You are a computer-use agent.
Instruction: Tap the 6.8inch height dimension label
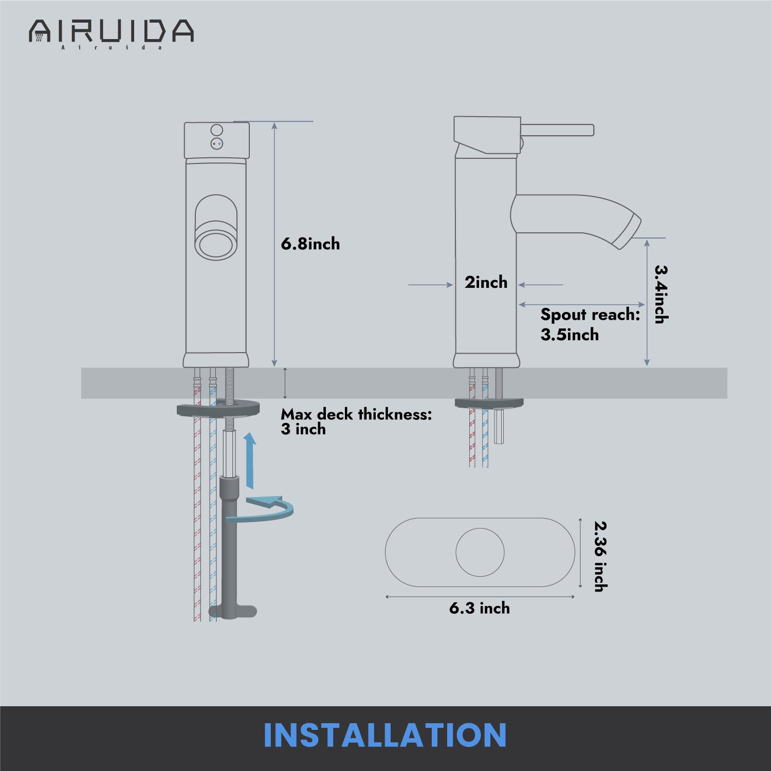click(x=310, y=244)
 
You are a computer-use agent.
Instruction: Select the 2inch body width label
click(x=486, y=282)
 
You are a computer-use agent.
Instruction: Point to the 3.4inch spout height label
click(x=660, y=294)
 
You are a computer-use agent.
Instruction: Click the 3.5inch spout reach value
click(x=570, y=335)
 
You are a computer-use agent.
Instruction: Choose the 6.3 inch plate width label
click(x=480, y=608)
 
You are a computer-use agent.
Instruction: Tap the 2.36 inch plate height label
click(x=600, y=557)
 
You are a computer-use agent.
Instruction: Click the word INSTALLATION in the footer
click(x=385, y=736)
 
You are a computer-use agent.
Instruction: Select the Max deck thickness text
click(x=356, y=414)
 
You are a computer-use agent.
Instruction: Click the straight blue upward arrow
click(x=250, y=460)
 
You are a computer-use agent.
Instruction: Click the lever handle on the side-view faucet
click(x=557, y=130)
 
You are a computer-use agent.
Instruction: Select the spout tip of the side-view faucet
click(x=628, y=233)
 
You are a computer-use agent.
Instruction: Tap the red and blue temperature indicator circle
click(x=217, y=144)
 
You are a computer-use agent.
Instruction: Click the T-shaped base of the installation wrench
click(x=232, y=611)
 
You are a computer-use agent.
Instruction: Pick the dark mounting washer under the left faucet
click(x=218, y=408)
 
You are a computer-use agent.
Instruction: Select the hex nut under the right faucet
click(x=500, y=426)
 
